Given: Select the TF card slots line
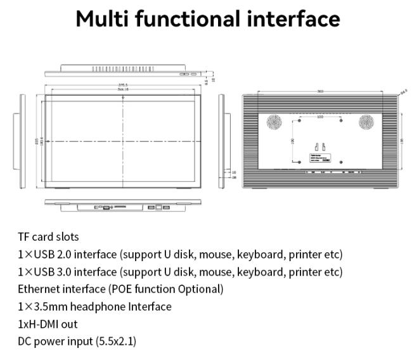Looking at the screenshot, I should (48, 237).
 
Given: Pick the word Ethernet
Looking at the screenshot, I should (39, 289).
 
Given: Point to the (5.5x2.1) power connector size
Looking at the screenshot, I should (115, 341).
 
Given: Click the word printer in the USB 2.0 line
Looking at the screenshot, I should (306, 254).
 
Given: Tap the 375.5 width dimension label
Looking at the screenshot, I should (122, 84).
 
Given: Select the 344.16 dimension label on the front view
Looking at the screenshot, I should (122, 90).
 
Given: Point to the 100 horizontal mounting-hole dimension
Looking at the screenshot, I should (319, 117).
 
